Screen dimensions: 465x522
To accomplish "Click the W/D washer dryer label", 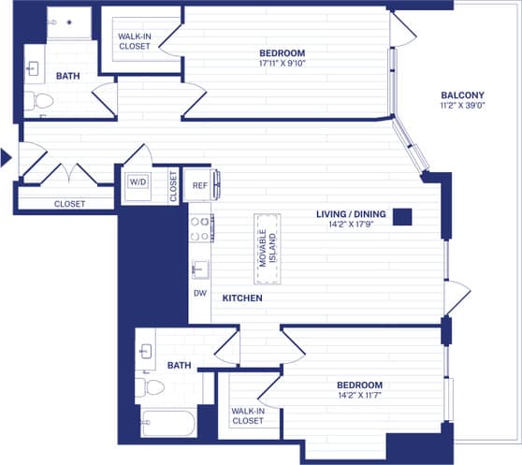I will tap(138, 181).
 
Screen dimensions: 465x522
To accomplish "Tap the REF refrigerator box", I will tap(199, 184).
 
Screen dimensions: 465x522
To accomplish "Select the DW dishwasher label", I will tap(199, 293).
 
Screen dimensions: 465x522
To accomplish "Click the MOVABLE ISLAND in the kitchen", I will tap(267, 248).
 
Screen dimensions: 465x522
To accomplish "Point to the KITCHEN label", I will tap(241, 298).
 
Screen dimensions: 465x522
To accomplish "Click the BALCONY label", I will tap(461, 95).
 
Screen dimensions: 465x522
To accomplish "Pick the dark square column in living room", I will tap(402, 216).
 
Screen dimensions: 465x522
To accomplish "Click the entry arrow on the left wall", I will tap(6, 157).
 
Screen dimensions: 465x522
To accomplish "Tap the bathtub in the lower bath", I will tap(167, 423).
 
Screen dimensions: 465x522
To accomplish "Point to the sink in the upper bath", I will tap(34, 68).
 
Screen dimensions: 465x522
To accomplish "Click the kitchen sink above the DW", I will tap(199, 269).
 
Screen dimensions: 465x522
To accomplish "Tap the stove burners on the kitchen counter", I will tap(200, 228).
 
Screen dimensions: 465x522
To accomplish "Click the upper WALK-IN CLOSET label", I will tap(135, 40).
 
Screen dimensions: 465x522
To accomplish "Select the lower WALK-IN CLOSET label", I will tap(248, 415).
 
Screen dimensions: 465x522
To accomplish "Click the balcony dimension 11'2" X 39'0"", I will tap(461, 107).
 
